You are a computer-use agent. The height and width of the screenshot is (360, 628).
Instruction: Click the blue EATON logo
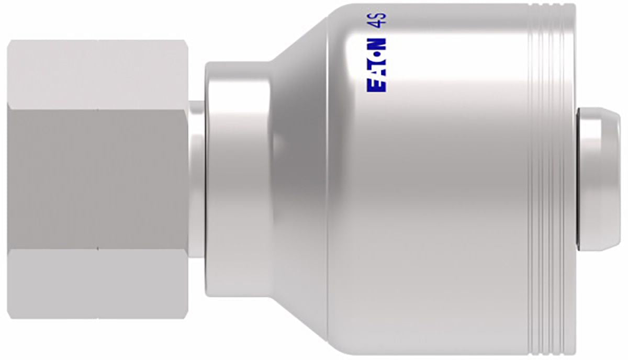(x=376, y=65)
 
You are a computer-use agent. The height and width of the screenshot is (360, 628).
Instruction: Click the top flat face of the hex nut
(x=97, y=75)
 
